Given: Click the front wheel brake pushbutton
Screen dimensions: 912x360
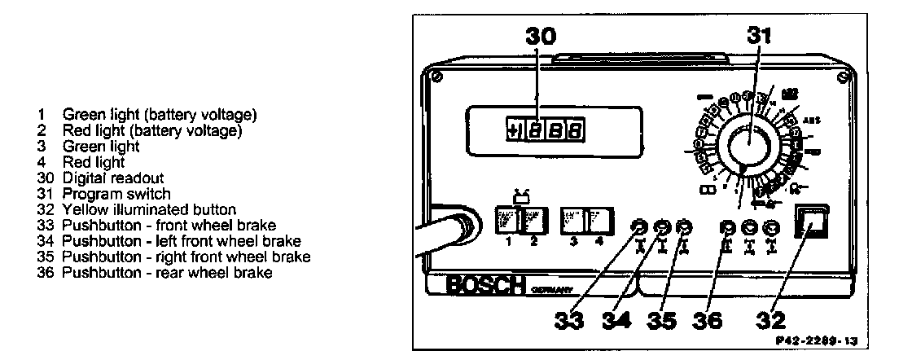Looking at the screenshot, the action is click(642, 227).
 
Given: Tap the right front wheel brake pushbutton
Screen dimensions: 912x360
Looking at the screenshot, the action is click(685, 227).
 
